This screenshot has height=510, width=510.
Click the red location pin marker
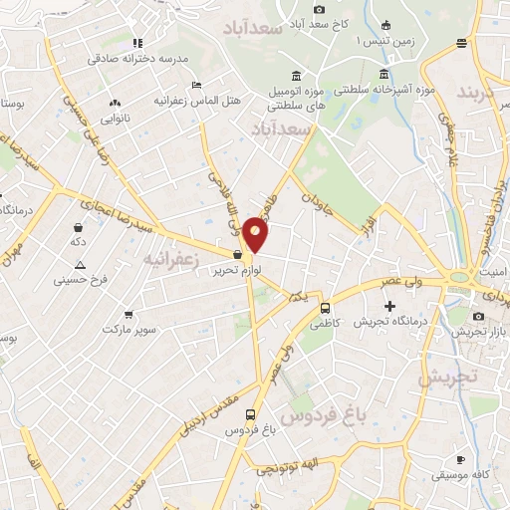point(256,233)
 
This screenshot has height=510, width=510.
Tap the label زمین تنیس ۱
point(383,42)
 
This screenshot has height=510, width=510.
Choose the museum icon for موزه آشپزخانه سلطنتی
point(384,75)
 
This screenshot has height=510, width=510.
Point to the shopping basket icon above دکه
point(78,227)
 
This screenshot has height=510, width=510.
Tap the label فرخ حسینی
point(79,281)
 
